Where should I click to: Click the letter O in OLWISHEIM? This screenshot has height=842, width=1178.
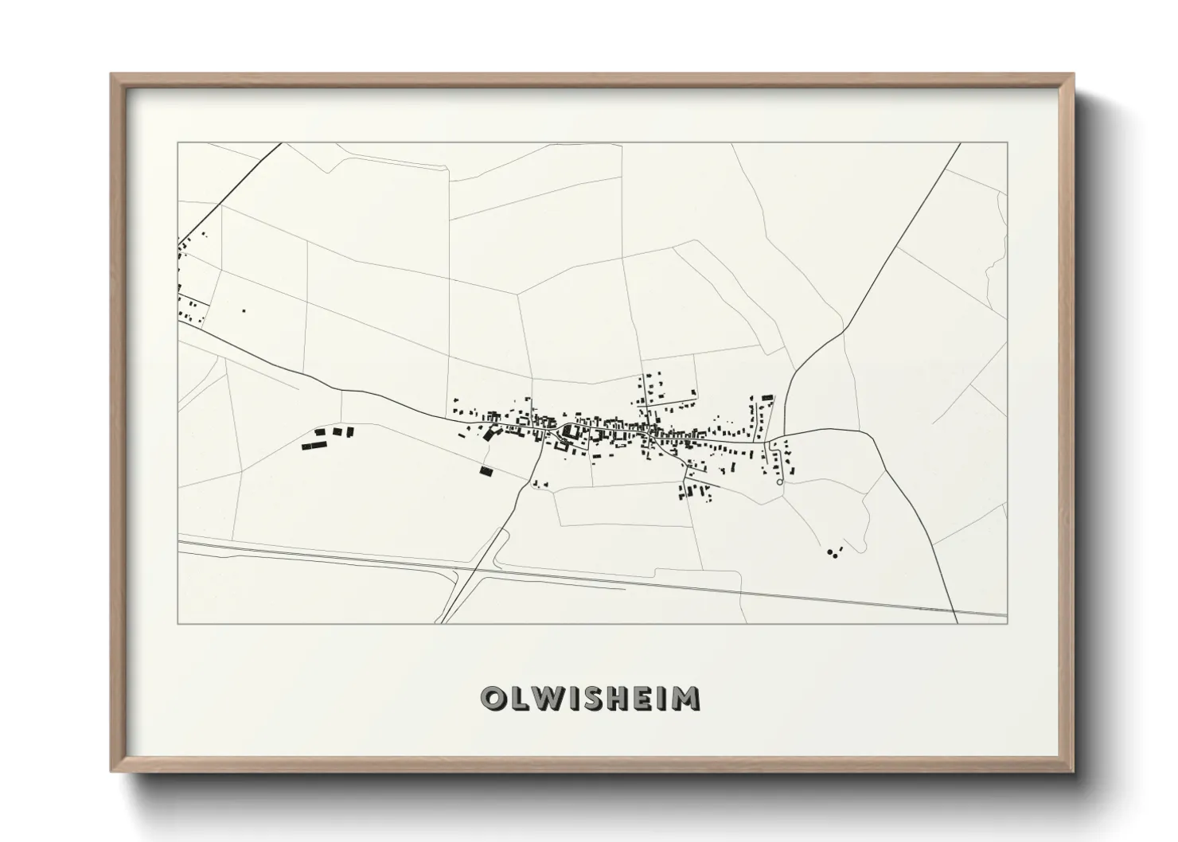pos(492,698)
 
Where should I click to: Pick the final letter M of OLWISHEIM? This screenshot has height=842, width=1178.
pos(685,698)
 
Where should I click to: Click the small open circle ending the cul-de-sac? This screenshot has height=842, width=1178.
pos(779,481)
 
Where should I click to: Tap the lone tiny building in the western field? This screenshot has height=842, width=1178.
pos(244,310)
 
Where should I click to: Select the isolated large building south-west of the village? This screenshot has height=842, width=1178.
pos(486,471)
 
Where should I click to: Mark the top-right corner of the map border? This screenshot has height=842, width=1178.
pos(1007,143)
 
